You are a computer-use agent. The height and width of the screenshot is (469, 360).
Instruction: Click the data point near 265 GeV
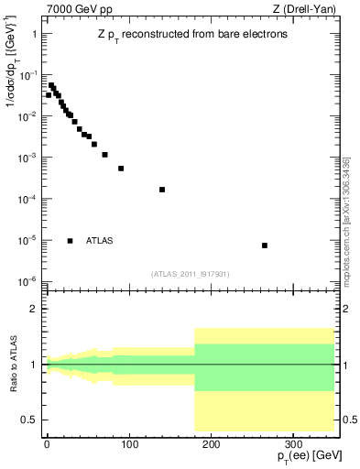tap(265, 245)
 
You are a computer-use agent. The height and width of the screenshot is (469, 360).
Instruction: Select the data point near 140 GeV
tap(162, 190)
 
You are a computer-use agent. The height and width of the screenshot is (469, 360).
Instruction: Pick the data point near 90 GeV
tap(121, 169)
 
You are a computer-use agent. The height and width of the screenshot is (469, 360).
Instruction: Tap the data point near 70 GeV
tap(104, 155)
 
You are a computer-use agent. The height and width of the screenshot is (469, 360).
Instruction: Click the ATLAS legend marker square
tap(71, 241)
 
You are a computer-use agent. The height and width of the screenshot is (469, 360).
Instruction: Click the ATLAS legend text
tap(100, 241)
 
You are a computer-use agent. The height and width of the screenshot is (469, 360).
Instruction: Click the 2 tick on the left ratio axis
tap(35, 310)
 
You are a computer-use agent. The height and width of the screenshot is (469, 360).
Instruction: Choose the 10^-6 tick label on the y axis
tap(27, 281)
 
